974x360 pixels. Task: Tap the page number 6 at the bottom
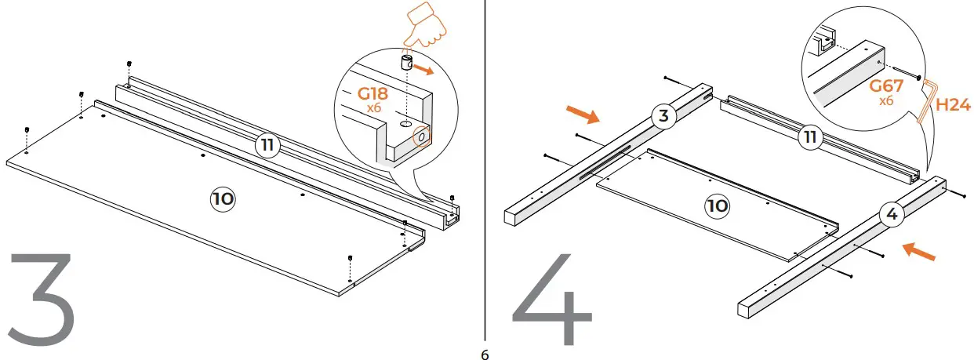(x=485, y=355)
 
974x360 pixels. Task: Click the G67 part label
(x=887, y=86)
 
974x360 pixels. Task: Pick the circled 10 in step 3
(x=222, y=199)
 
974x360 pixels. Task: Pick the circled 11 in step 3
(x=267, y=145)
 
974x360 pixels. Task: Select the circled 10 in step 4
(x=717, y=205)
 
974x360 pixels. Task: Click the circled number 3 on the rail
(x=663, y=117)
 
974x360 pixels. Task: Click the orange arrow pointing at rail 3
(x=583, y=115)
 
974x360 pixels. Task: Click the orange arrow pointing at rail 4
(x=918, y=252)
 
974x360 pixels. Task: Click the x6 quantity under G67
(x=887, y=101)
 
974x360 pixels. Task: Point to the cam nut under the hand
(x=408, y=64)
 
